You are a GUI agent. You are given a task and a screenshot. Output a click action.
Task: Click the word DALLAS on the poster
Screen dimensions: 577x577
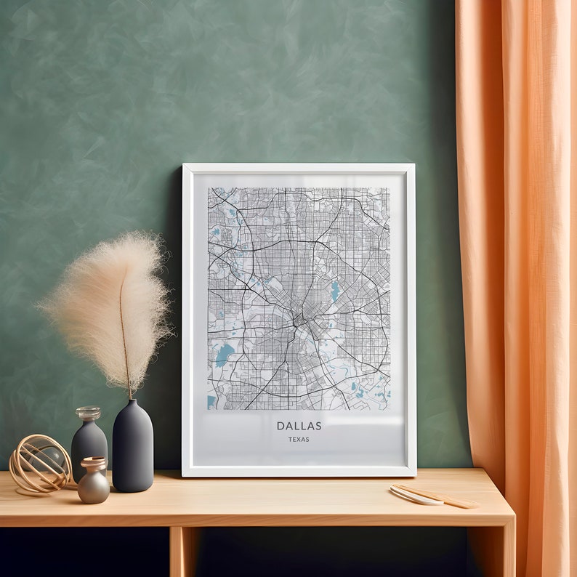(299, 426)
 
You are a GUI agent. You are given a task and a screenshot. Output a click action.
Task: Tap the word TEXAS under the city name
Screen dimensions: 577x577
(298, 439)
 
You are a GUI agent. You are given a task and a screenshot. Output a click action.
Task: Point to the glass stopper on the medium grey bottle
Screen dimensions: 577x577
(88, 413)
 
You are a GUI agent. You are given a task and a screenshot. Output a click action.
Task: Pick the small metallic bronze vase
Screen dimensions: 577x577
(94, 483)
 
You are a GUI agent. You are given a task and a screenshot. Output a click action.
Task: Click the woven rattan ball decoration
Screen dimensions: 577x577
(40, 463)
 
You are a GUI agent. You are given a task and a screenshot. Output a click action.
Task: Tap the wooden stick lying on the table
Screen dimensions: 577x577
(436, 496)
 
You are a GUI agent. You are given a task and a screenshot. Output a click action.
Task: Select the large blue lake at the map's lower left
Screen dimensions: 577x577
(225, 355)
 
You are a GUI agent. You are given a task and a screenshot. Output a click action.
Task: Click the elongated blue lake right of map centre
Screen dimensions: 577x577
(335, 291)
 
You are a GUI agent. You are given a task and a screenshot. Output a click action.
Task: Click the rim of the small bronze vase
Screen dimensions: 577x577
(93, 460)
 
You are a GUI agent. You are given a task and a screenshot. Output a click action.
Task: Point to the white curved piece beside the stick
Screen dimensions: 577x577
(415, 496)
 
